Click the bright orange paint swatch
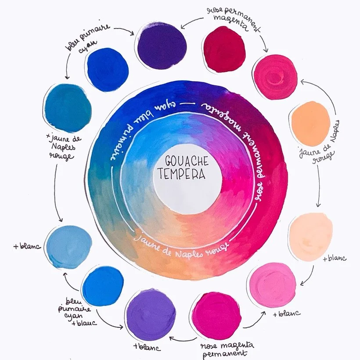coord(311,123)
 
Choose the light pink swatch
coord(272,285)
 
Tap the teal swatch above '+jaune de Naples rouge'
coord(68,108)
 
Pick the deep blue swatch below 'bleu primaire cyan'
coord(108,69)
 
